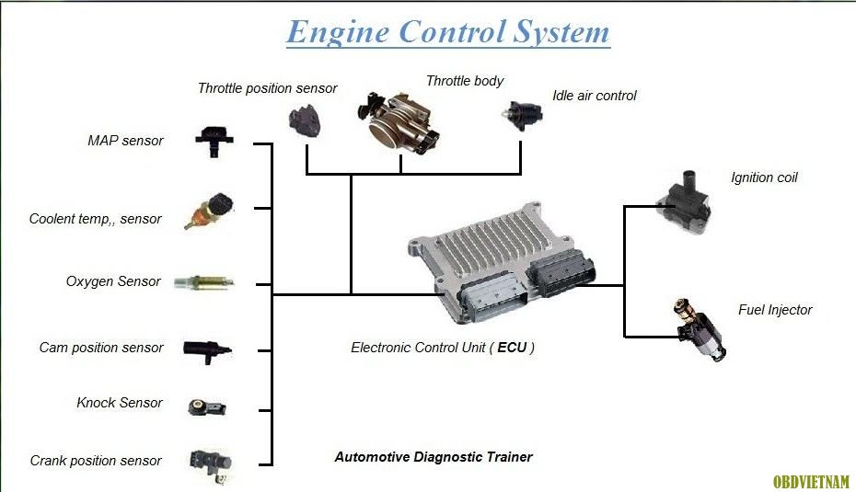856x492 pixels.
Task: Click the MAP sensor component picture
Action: click(214, 142)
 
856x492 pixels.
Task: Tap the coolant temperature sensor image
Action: click(210, 211)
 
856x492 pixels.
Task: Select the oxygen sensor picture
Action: click(204, 282)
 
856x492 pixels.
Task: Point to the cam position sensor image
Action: click(207, 350)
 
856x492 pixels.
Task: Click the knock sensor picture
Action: click(207, 406)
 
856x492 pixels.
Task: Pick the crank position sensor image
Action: click(211, 465)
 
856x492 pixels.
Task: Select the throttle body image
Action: click(398, 123)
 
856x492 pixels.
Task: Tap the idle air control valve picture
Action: click(523, 115)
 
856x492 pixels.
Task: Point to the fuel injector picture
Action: click(700, 329)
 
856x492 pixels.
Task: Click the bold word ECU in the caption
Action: click(512, 348)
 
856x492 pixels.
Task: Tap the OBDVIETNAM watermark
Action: click(811, 482)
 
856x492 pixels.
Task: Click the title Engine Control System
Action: click(448, 31)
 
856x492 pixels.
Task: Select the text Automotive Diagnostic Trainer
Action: click(434, 457)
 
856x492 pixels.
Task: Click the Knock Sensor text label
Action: click(120, 403)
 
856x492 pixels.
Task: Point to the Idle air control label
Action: click(595, 96)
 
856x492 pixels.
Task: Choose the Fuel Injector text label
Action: click(775, 310)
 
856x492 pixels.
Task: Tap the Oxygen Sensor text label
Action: click(113, 281)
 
